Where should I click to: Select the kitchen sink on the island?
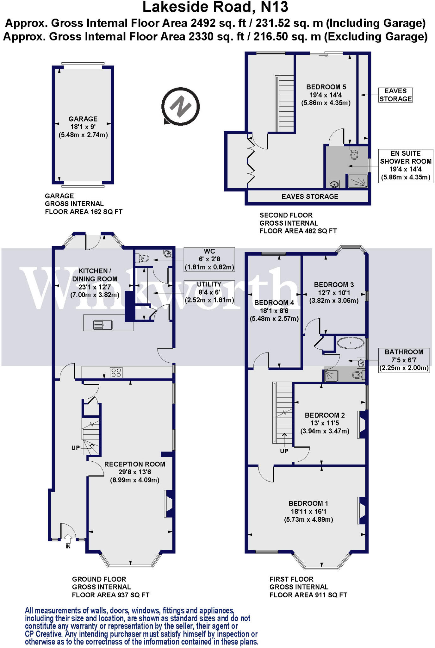coord(103,325)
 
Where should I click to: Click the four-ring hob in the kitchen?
coord(116,372)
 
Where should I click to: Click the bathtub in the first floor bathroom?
coord(351,343)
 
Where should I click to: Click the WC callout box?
coord(209,259)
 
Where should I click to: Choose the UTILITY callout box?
coord(209,292)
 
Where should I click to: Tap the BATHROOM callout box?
coord(404,360)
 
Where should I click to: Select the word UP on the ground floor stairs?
coord(76,448)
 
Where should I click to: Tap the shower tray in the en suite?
coord(358,181)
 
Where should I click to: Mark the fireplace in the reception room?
coord(169,503)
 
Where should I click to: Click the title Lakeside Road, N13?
coord(215,7)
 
